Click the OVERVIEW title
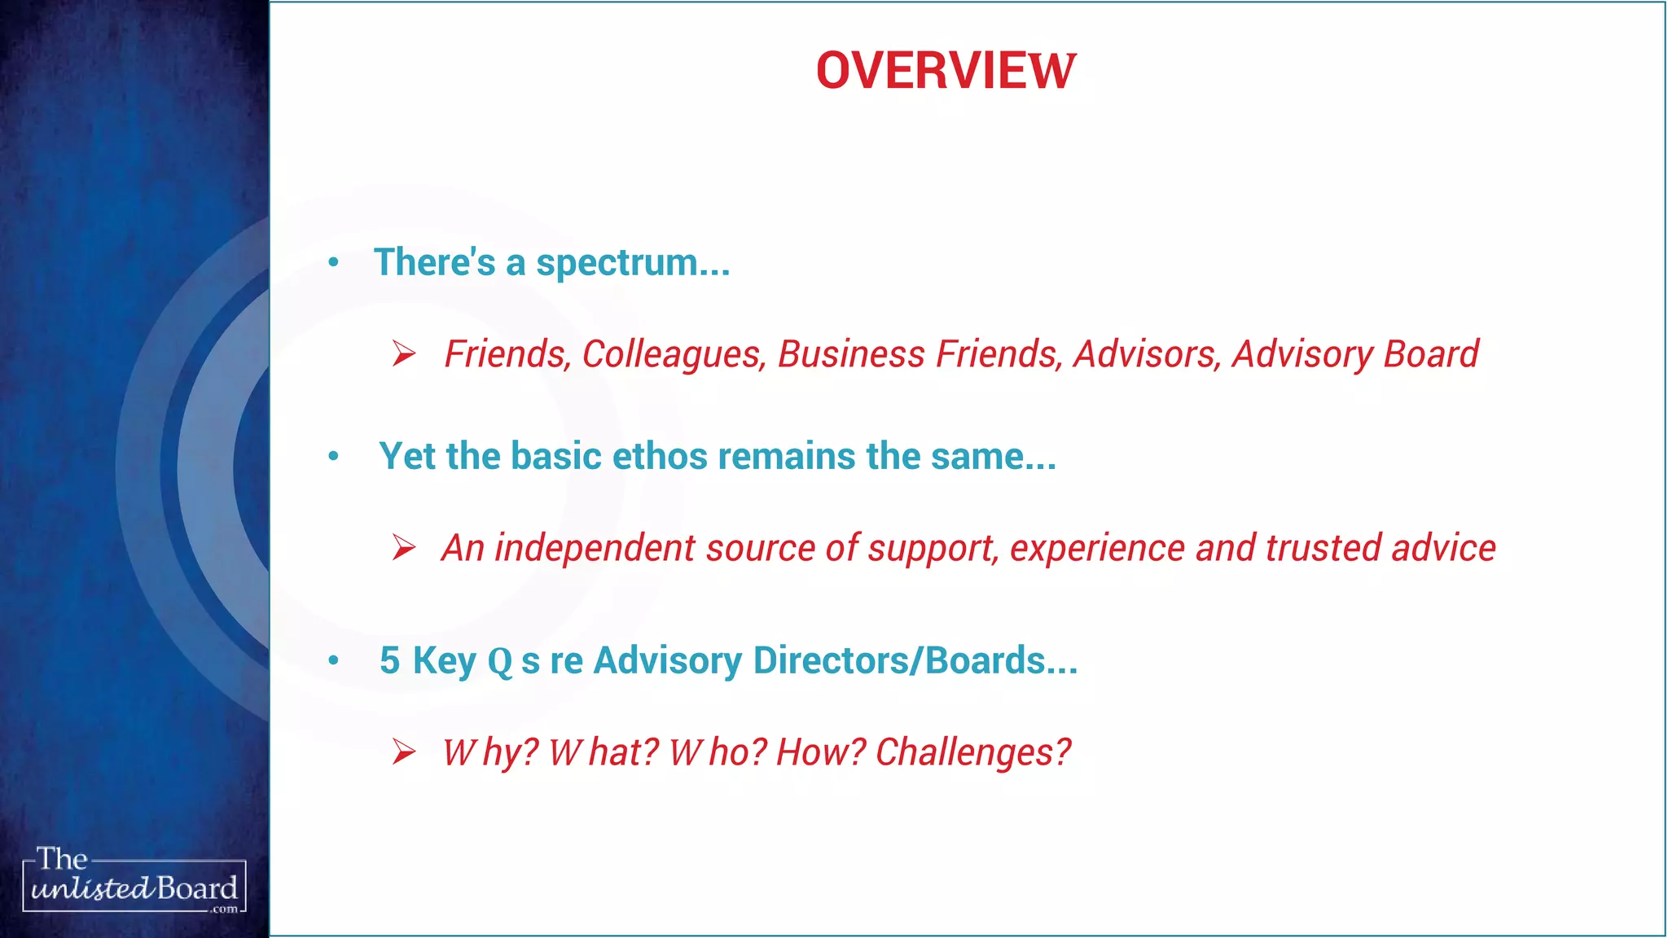(x=946, y=71)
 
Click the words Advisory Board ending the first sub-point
(x=1355, y=355)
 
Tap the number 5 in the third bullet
(x=390, y=660)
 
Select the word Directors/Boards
(x=916, y=660)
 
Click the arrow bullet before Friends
(x=404, y=354)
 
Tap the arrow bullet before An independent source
(x=404, y=548)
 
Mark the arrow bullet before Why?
(x=404, y=752)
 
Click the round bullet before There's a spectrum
(x=333, y=263)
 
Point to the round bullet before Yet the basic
(x=333, y=457)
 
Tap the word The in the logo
(x=62, y=859)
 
